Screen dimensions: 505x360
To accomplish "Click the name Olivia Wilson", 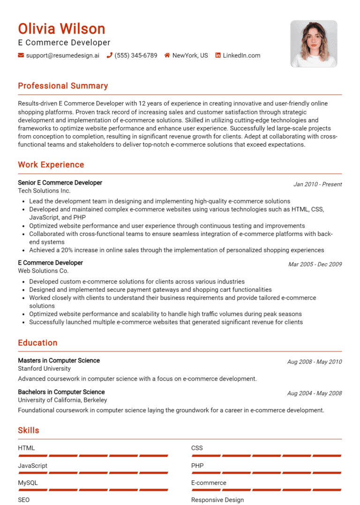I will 61,29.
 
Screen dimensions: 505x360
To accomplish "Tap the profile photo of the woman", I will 314,44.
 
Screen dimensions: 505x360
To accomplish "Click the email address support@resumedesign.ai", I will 62,55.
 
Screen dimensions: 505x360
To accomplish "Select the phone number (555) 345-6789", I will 135,55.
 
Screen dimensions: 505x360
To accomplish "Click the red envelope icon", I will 21,55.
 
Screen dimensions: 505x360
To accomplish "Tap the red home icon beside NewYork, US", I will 167,55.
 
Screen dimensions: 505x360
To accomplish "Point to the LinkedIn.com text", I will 241,55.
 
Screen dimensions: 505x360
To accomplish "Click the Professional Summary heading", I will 63,86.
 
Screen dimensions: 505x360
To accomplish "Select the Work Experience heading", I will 51,165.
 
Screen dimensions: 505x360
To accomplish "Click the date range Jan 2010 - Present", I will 317,184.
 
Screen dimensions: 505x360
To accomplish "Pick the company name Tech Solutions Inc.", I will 44,191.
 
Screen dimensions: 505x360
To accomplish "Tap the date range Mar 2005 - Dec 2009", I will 315,264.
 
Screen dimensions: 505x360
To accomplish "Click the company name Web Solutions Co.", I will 43,271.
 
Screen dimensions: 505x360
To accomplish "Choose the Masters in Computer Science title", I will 59,360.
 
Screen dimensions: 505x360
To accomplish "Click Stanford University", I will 44,369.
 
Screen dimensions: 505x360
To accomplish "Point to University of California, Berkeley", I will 62,400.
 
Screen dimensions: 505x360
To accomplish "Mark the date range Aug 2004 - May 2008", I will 314,394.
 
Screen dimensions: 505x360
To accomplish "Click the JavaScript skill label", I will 32,466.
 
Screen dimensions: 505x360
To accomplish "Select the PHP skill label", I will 197,466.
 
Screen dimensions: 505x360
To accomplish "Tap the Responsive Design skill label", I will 217,500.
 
